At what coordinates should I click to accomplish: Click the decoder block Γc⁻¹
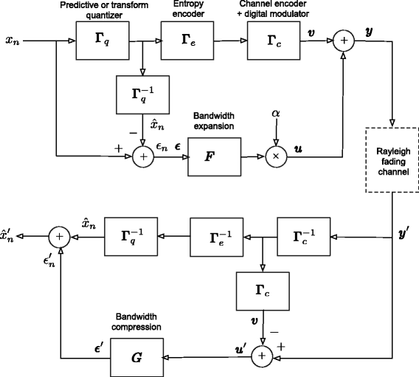[304, 237]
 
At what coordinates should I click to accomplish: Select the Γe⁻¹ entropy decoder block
[217, 237]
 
